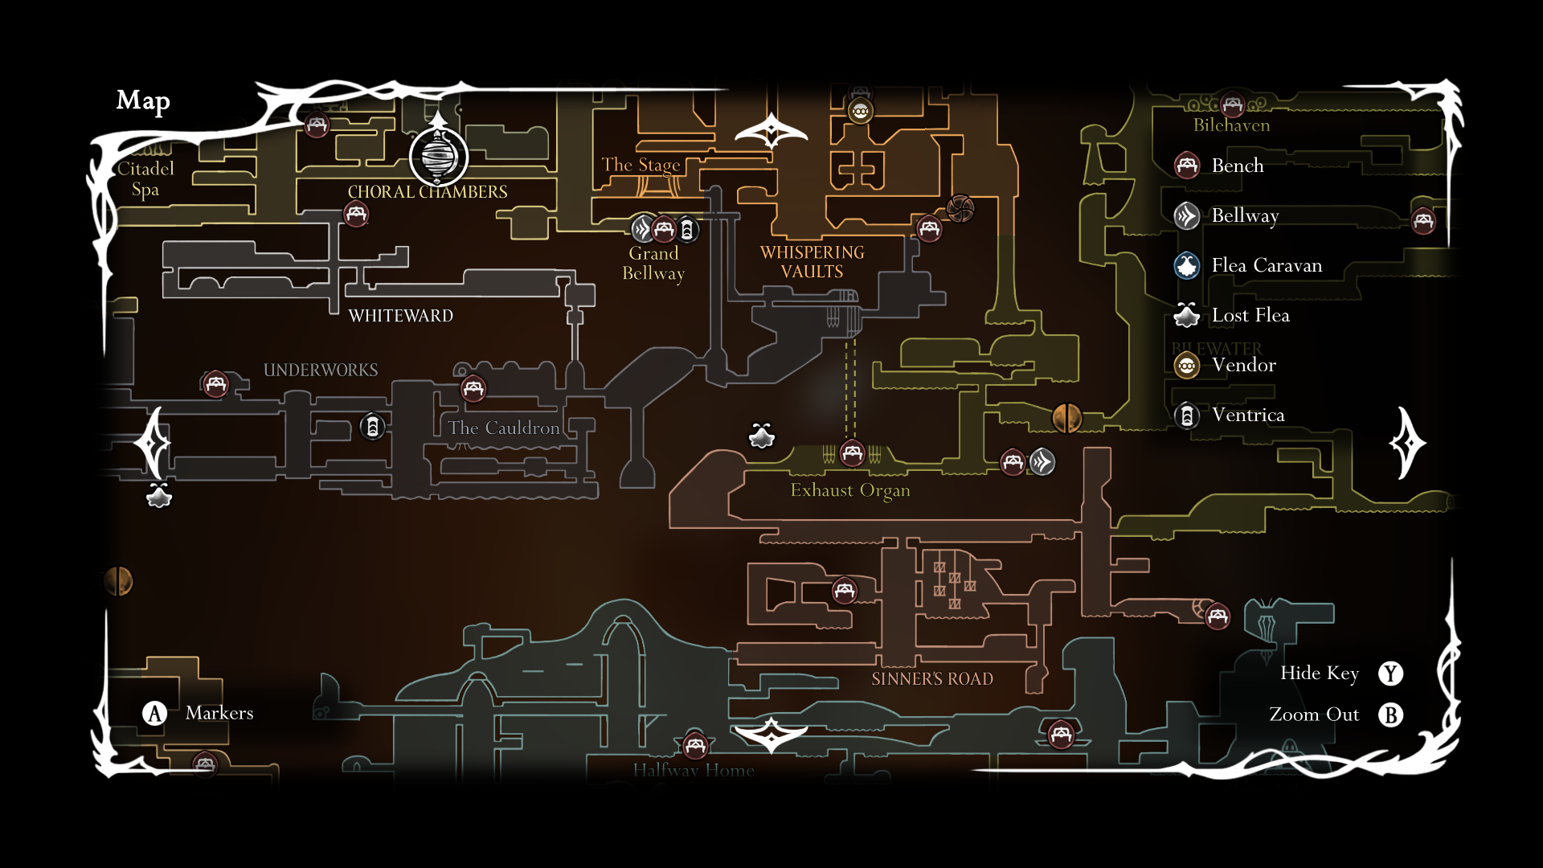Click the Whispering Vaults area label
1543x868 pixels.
coord(812,262)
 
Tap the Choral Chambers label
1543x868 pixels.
coord(427,192)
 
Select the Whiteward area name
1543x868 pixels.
coord(400,316)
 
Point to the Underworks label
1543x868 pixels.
coord(320,370)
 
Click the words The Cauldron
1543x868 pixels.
coord(503,428)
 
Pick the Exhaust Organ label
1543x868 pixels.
coord(849,490)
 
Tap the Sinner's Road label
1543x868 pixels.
coord(931,679)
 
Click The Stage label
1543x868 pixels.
coord(641,165)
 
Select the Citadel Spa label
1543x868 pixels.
coord(145,178)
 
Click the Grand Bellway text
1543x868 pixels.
coord(653,263)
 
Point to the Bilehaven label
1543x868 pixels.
coord(1231,125)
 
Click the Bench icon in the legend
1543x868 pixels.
coord(1187,166)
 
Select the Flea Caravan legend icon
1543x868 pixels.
coord(1187,265)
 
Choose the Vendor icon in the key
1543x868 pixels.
coord(1187,366)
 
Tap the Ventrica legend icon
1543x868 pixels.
coord(1187,416)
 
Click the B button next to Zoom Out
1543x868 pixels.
coord(1390,714)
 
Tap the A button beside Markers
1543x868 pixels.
coord(154,713)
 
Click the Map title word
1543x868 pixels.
coord(143,100)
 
